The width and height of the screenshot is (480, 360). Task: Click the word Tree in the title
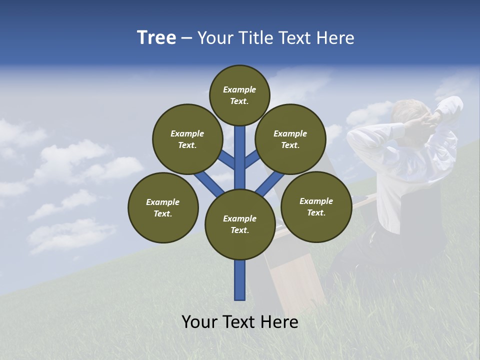click(x=156, y=38)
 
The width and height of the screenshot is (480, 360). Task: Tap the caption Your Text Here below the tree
click(x=240, y=322)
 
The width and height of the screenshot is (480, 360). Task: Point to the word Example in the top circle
click(x=239, y=90)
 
